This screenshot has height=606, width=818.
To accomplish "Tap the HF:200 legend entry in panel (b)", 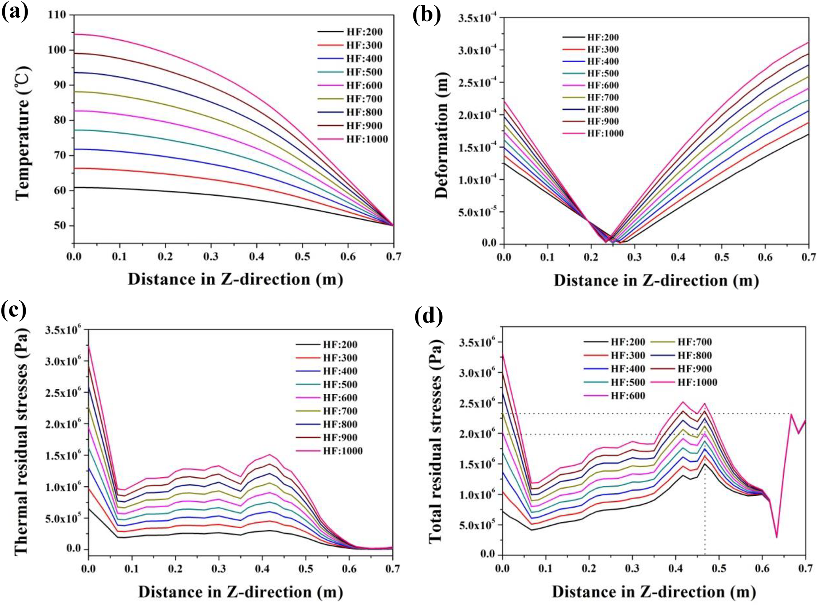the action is point(590,37).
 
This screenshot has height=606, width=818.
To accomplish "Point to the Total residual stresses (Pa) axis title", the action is point(436,441).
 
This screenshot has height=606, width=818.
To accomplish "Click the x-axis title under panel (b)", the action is point(655,281).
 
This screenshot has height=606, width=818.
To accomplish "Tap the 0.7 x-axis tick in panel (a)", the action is point(393,256).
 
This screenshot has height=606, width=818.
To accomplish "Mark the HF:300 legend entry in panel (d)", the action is point(614,355).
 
